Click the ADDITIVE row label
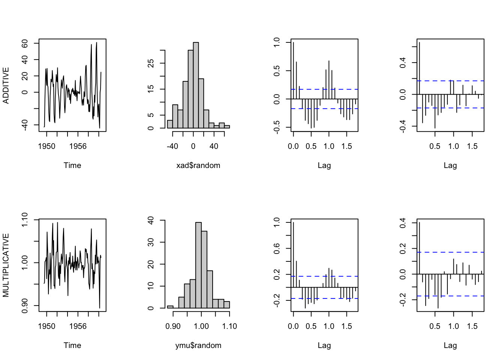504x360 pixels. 6,85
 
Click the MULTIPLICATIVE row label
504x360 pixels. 6,265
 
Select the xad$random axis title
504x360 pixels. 198,165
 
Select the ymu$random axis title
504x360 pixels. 198,345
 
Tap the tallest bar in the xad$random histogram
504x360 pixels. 196,85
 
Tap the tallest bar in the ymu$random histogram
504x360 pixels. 198,265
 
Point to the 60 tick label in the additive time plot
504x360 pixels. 25,43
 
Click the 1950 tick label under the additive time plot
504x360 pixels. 46,146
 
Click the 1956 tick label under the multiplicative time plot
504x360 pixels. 78,326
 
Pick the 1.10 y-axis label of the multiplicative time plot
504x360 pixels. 25,220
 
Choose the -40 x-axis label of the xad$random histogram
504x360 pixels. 172,146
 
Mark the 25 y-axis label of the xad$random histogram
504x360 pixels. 151,63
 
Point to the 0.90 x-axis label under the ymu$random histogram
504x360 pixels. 173,326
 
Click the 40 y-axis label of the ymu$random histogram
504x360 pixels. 151,220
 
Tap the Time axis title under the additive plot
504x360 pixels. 72,165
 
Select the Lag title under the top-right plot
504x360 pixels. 450,165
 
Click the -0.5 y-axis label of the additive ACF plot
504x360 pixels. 277,127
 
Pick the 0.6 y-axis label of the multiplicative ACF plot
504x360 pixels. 277,249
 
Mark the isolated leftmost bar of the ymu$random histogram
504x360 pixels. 170,307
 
